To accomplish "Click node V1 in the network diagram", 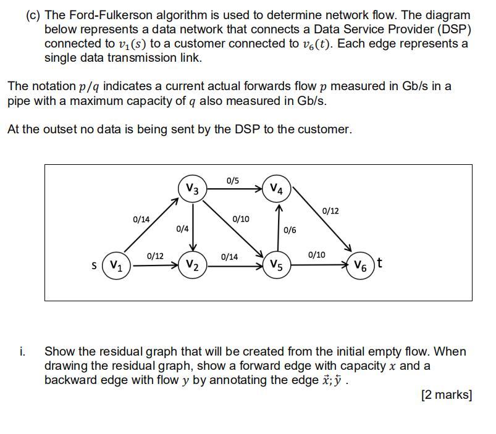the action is coord(116,266).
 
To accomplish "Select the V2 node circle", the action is coord(192,266).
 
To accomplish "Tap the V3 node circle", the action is coord(192,189).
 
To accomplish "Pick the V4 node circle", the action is coord(277,189).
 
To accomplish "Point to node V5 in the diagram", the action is coord(276,266).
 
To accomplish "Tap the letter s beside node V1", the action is coord(94,266).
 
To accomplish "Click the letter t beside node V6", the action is coord(379,263).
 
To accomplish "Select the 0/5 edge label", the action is coord(233,181).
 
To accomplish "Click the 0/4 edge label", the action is coord(182,228).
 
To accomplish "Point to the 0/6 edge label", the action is coord(290,230).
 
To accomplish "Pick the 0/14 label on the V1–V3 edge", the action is coord(141,219).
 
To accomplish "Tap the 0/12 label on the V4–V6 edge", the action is coord(330,211).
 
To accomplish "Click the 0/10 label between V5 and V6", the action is coord(316,254).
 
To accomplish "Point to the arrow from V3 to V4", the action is coord(235,189).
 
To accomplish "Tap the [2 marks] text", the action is coord(446,394).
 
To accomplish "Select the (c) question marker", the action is coord(33,15).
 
